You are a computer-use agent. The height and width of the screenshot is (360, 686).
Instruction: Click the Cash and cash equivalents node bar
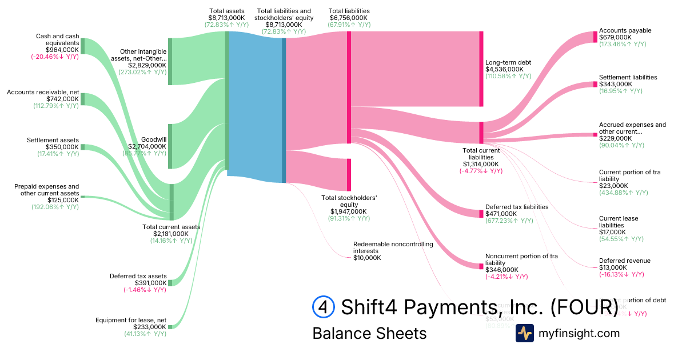82,46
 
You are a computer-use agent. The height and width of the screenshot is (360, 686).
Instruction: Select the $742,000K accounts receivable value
63,99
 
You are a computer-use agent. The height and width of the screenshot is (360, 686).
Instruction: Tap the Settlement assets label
53,140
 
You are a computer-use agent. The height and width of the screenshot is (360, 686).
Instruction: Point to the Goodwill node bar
170,146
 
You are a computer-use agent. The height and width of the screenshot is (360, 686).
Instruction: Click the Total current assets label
171,227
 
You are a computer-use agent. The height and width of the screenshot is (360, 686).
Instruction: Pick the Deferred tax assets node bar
170,282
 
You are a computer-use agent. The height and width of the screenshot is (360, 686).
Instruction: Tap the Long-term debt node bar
481,69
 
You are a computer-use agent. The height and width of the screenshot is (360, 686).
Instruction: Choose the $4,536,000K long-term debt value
504,69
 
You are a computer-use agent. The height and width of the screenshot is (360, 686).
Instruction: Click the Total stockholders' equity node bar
349,174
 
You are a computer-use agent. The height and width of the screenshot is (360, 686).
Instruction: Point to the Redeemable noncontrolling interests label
393,247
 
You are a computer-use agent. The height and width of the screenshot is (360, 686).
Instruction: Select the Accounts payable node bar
595,37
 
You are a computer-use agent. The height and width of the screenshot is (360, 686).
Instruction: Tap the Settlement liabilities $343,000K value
615,84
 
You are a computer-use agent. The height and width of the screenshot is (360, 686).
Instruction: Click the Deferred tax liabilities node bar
481,214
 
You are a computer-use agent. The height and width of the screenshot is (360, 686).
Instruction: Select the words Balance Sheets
369,333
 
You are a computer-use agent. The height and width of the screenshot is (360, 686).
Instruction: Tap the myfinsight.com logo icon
524,333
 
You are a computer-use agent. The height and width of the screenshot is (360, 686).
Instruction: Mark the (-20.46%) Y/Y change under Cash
55,57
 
